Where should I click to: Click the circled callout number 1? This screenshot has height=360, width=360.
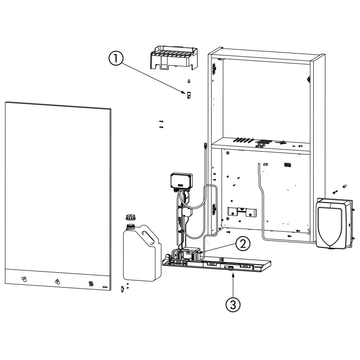(x=116, y=58)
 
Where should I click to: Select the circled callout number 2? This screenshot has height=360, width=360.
(x=243, y=244)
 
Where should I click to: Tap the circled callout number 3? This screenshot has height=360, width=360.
(x=233, y=305)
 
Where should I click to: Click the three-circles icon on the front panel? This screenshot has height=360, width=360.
(x=24, y=279)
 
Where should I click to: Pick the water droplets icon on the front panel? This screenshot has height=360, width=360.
(x=57, y=282)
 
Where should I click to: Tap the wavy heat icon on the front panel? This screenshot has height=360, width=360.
(x=91, y=284)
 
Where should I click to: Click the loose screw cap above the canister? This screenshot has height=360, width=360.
(x=130, y=216)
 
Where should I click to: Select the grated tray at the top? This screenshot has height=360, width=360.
(x=174, y=58)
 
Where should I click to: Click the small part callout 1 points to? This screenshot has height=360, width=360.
(x=189, y=95)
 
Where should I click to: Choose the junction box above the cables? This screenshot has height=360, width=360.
(x=181, y=181)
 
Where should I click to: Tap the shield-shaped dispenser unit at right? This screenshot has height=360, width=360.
(x=334, y=224)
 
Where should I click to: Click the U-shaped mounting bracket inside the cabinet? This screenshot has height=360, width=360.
(x=242, y=211)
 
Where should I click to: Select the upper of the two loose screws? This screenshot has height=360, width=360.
(x=161, y=121)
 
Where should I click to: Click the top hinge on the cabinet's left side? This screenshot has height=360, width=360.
(x=214, y=68)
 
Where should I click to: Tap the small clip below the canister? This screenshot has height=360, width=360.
(x=122, y=289)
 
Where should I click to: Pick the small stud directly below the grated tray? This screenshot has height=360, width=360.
(x=189, y=81)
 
